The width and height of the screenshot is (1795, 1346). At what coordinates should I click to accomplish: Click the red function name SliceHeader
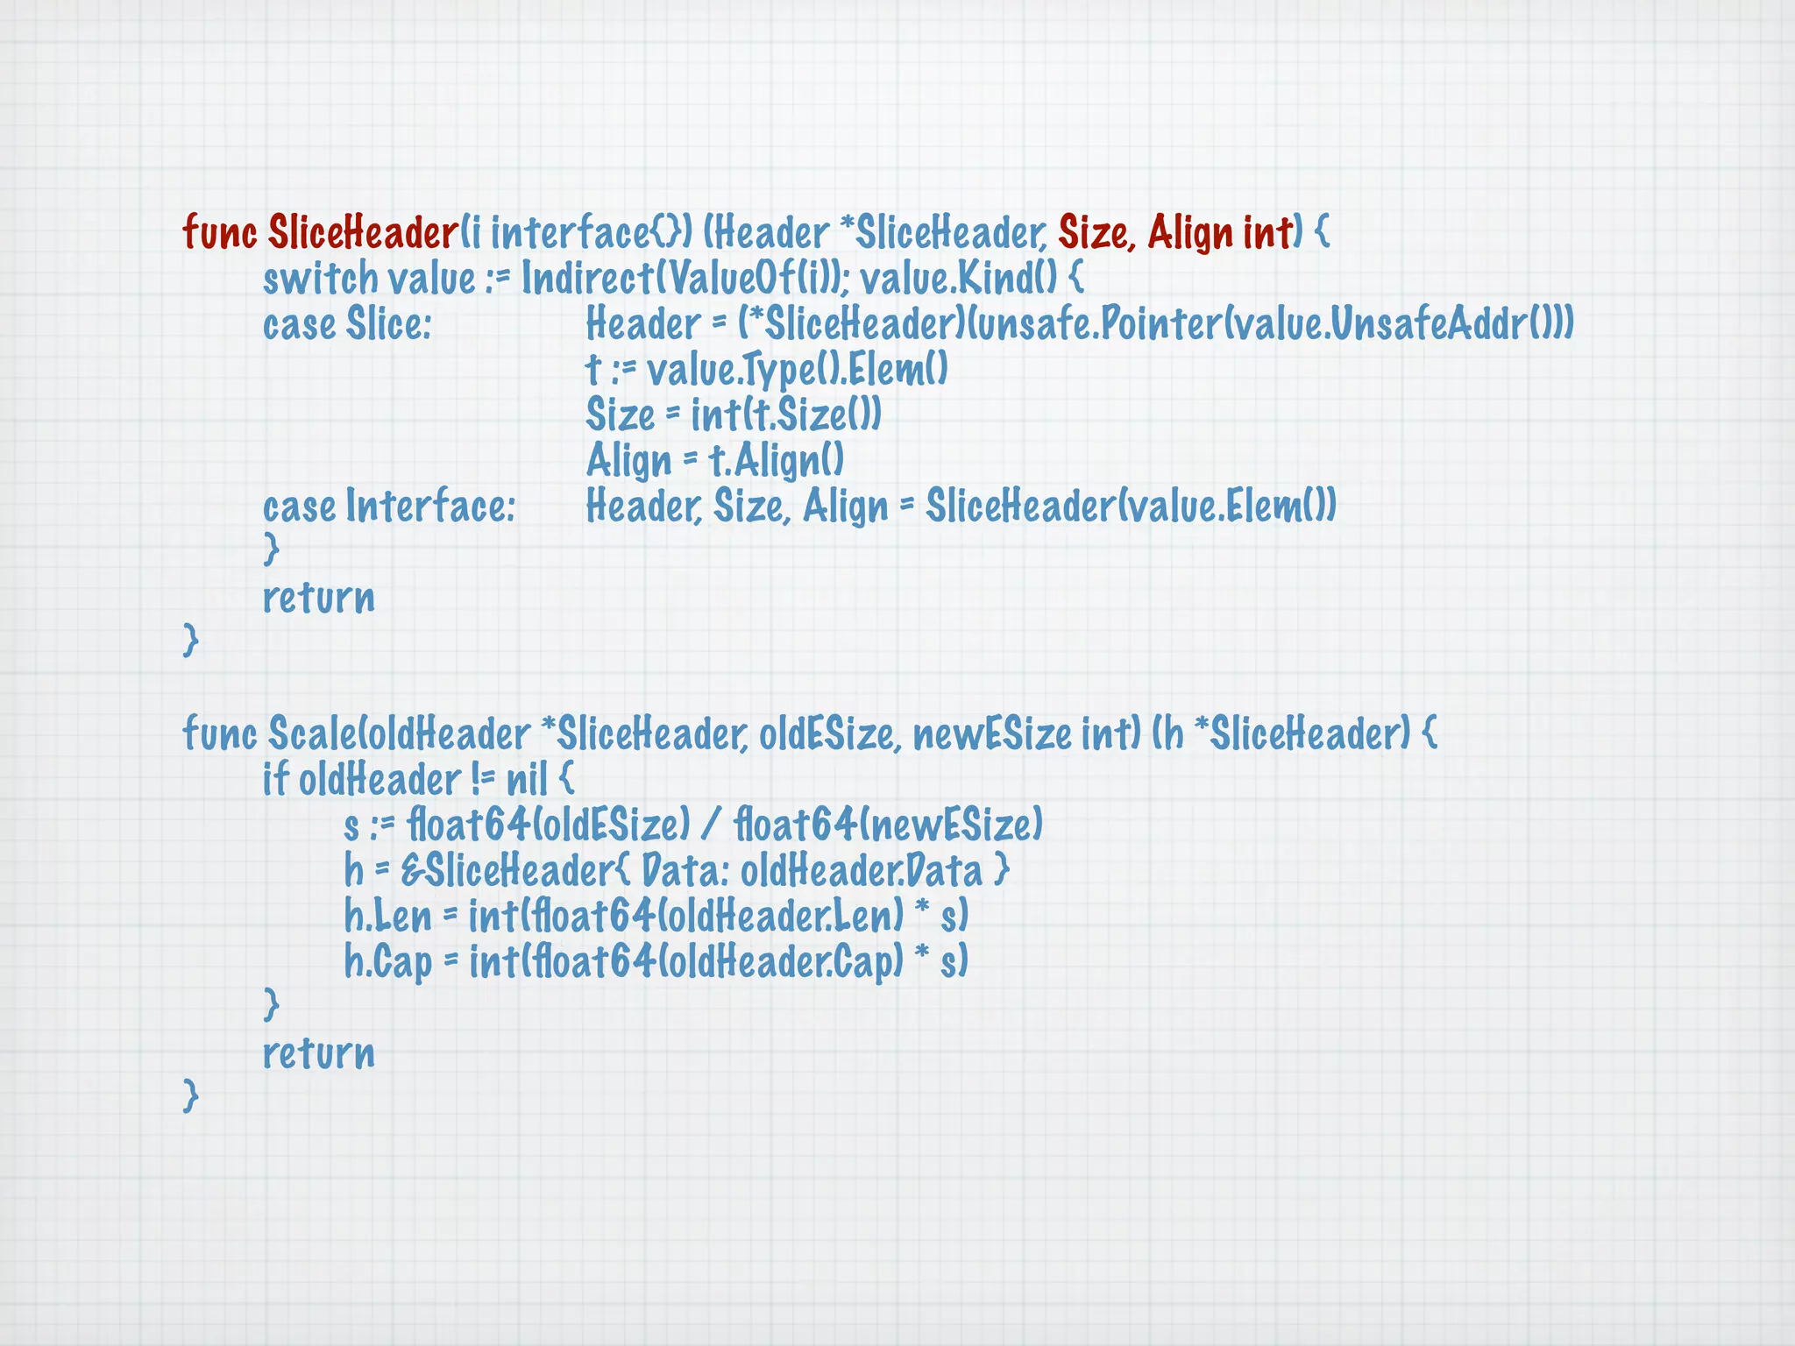(x=363, y=233)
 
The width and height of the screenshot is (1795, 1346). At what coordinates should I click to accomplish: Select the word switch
(x=320, y=279)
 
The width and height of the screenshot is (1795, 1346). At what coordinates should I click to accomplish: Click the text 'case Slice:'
(x=347, y=324)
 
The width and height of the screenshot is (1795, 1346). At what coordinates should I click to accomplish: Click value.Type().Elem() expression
(x=798, y=370)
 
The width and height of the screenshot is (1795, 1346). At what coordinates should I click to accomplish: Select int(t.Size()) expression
(x=786, y=415)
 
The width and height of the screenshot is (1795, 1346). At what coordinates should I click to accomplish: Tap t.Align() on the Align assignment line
(x=777, y=461)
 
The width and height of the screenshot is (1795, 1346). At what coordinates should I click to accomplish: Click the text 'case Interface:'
(x=389, y=507)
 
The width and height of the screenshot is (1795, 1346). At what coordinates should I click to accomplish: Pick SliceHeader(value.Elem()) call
(x=1131, y=507)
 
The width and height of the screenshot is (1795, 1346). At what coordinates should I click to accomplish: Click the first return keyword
(x=319, y=598)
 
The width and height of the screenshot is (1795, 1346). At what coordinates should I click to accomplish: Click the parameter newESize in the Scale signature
(x=992, y=734)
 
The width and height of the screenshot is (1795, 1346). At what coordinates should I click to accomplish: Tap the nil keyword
(x=527, y=780)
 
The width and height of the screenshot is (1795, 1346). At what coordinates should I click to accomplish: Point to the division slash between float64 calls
(x=711, y=825)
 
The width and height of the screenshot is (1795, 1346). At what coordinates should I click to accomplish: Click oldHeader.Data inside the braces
(x=862, y=871)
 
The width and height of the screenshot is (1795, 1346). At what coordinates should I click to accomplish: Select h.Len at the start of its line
(x=387, y=917)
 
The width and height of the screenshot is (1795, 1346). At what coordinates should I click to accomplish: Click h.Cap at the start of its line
(x=387, y=962)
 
